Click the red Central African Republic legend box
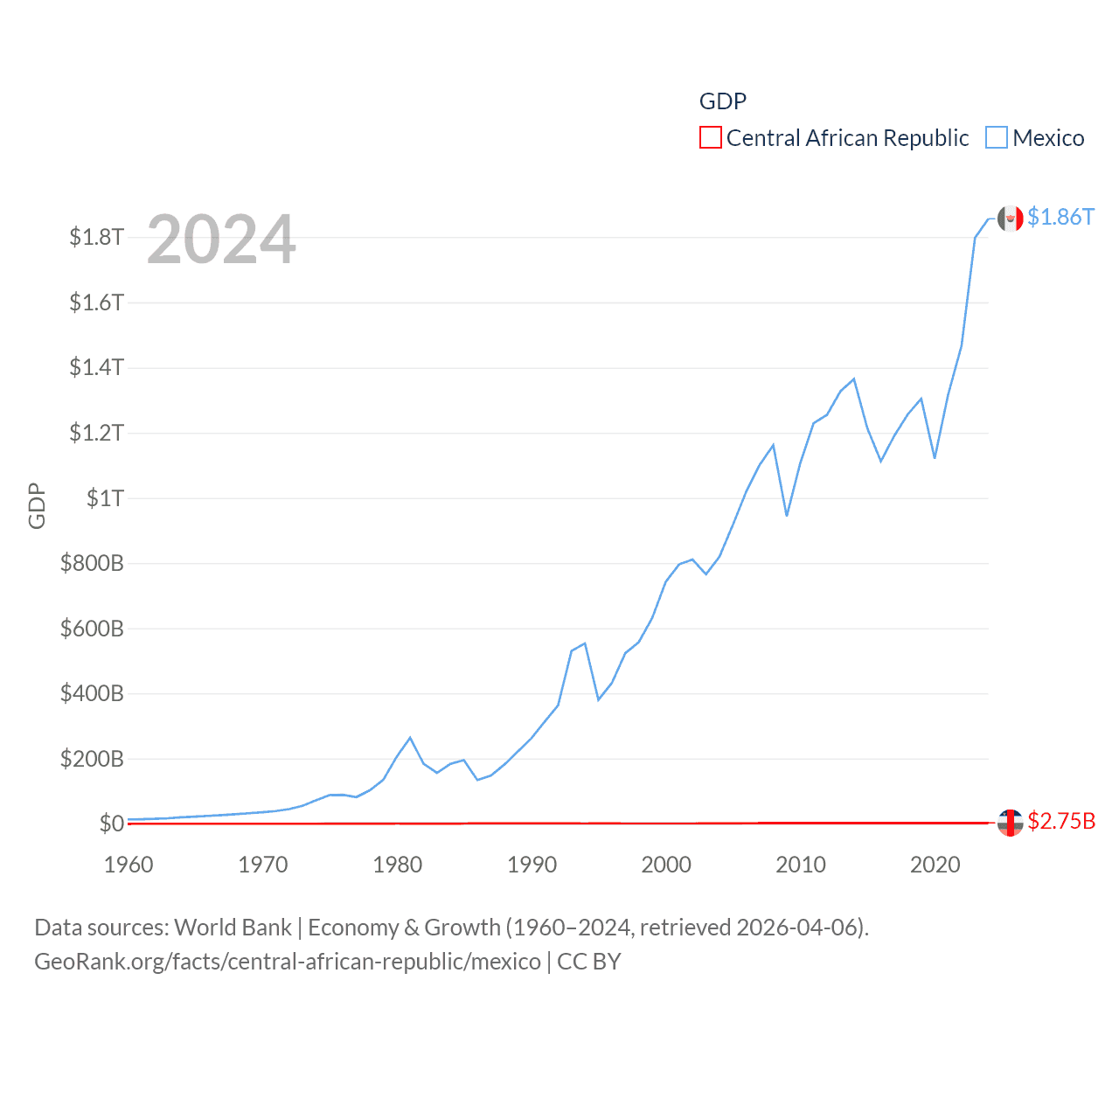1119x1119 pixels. pos(710,138)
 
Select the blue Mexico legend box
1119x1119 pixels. pos(997,138)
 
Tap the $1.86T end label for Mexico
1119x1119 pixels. pos(1060,217)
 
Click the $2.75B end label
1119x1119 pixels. pos(1061,821)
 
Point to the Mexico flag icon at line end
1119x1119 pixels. pos(1011,219)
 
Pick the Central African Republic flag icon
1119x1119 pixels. pos(1011,823)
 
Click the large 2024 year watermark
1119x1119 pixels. pos(221,240)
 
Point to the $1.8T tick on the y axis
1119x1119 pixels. pos(96,237)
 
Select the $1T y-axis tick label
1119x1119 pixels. pos(105,498)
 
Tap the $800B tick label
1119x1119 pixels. pos(92,563)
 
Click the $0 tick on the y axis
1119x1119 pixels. pos(111,824)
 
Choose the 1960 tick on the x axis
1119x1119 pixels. pos(129,865)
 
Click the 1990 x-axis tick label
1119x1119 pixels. pos(532,865)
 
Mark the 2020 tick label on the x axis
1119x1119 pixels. pos(935,865)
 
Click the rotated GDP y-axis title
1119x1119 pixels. pos(37,505)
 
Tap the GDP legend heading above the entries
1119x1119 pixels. pos(723,101)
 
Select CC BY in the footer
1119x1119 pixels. pos(589,962)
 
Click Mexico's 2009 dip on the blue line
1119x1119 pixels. pos(787,515)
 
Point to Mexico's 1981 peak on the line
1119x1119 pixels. pos(410,738)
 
